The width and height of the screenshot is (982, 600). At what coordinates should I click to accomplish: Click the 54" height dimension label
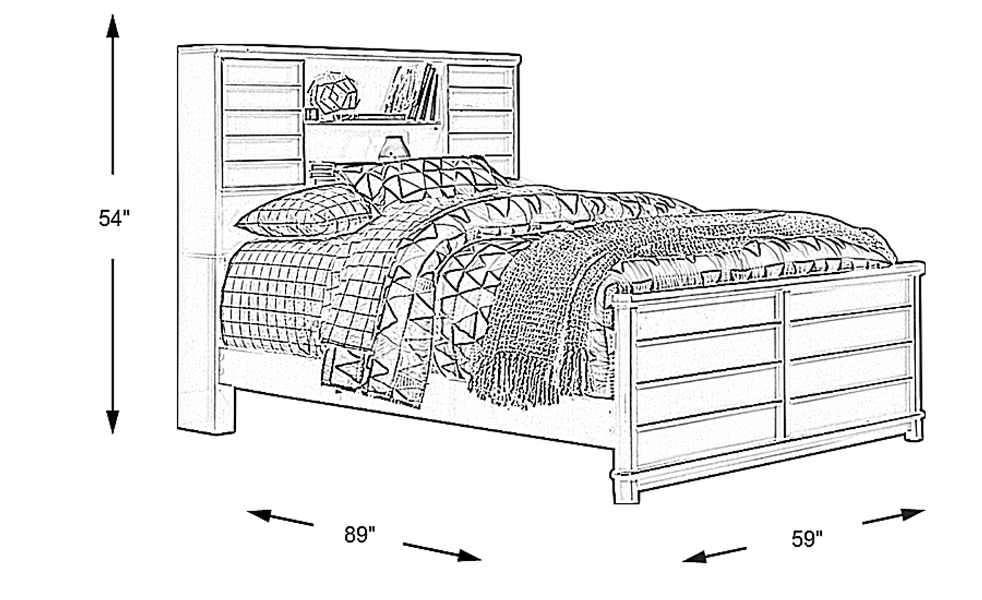115,218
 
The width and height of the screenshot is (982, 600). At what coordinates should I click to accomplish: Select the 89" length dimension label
359,535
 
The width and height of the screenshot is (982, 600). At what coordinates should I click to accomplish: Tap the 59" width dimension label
807,539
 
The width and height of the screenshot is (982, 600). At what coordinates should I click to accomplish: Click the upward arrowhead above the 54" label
113,27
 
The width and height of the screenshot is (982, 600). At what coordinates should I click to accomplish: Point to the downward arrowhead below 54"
113,421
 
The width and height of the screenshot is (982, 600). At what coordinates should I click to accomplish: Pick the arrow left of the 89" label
280,517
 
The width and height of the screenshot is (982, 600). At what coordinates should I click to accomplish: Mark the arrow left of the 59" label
715,555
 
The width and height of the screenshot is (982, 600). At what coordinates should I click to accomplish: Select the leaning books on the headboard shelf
412,92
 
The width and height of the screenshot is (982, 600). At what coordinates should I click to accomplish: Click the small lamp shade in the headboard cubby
393,147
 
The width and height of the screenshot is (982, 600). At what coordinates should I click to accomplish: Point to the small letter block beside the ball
312,115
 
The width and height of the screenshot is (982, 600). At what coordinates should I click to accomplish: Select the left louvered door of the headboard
263,123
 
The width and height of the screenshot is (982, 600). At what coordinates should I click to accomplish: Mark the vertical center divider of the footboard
785,363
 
